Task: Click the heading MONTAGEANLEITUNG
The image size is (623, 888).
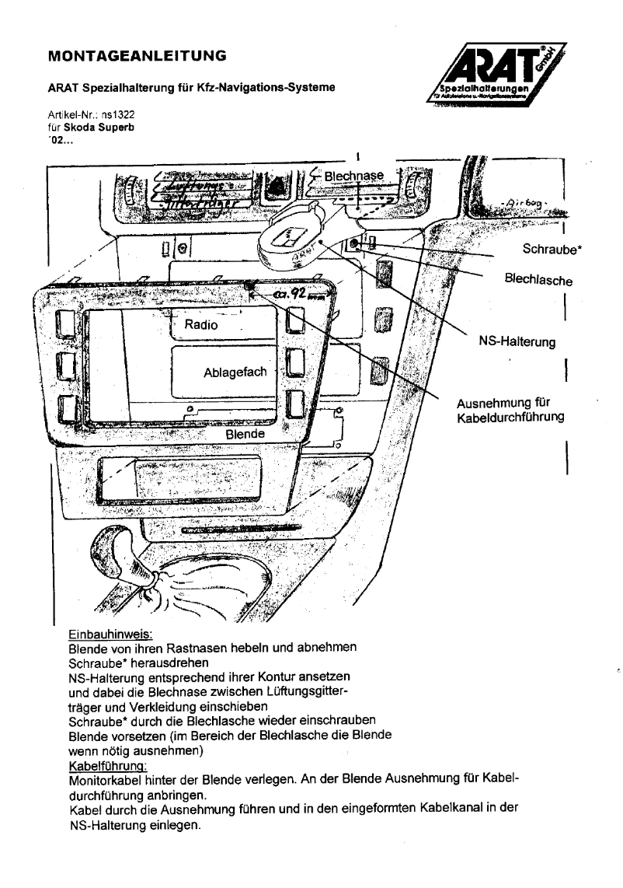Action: [x=137, y=56]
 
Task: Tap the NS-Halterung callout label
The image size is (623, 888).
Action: [x=517, y=342]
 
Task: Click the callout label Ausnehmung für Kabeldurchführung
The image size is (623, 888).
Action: [x=510, y=410]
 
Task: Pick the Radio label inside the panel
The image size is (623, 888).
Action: [x=201, y=325]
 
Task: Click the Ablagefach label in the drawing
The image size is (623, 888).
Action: [x=235, y=372]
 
